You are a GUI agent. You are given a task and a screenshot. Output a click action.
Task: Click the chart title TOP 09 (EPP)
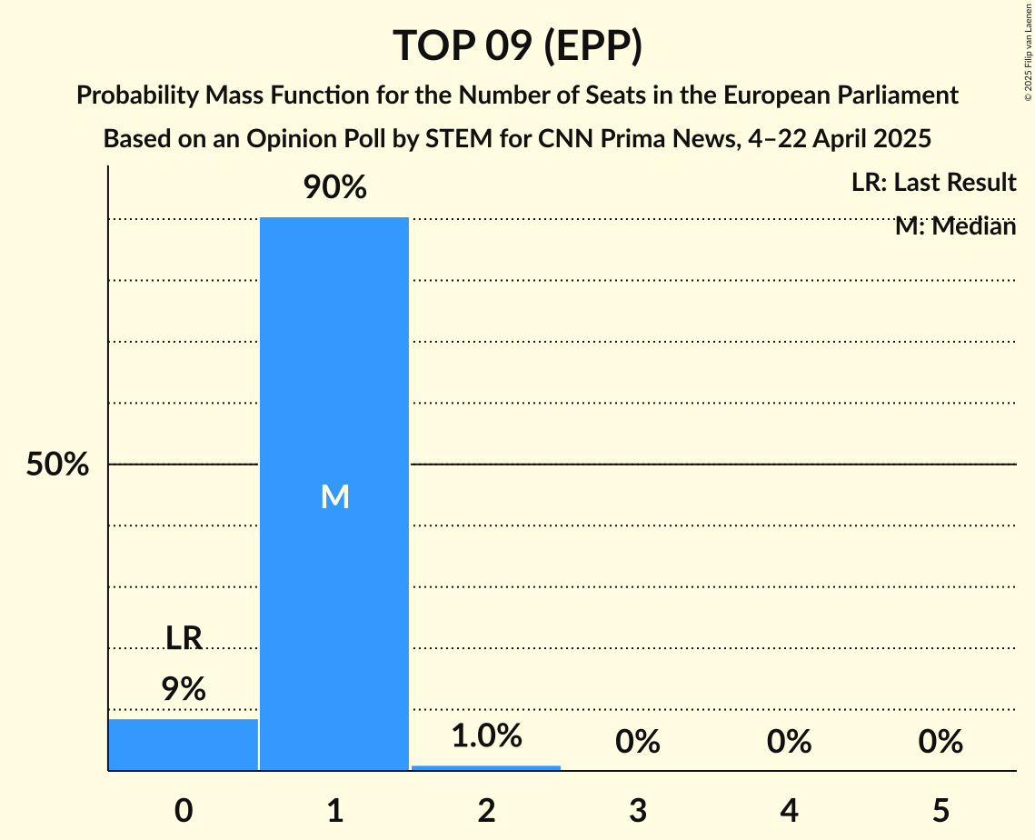(517, 45)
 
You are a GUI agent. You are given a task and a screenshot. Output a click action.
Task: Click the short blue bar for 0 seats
(184, 745)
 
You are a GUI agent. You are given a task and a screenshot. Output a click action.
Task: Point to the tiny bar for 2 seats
(486, 767)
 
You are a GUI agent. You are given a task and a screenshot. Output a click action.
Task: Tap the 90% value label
(334, 188)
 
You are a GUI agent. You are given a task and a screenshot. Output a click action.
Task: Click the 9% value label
(184, 689)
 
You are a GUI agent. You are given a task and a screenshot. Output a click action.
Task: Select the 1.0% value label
(486, 735)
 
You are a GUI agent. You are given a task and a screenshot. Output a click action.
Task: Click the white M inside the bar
(334, 496)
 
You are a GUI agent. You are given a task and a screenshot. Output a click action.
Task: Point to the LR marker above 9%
(184, 638)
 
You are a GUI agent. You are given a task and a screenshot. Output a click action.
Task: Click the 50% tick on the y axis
(57, 465)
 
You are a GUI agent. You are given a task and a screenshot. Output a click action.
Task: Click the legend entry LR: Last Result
(933, 183)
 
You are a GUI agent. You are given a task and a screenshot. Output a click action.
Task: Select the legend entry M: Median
(955, 226)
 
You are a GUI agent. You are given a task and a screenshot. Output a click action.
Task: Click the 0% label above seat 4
(789, 743)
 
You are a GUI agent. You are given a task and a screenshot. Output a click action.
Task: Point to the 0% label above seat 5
(940, 743)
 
